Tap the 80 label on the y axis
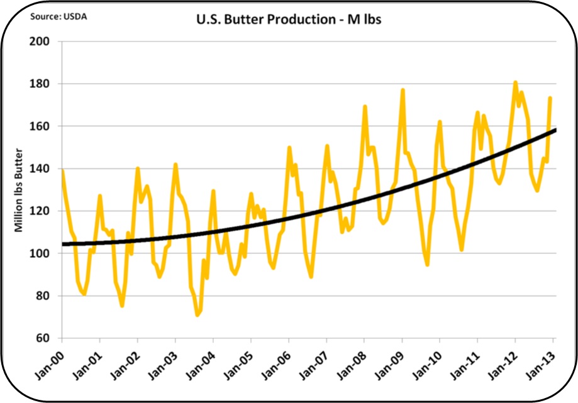pos(44,295)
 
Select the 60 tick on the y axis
pos(44,338)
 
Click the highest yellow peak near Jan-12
pos(515,82)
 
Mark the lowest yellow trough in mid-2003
pos(197,315)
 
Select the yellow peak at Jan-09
pos(403,90)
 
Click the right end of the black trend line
pos(555,130)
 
